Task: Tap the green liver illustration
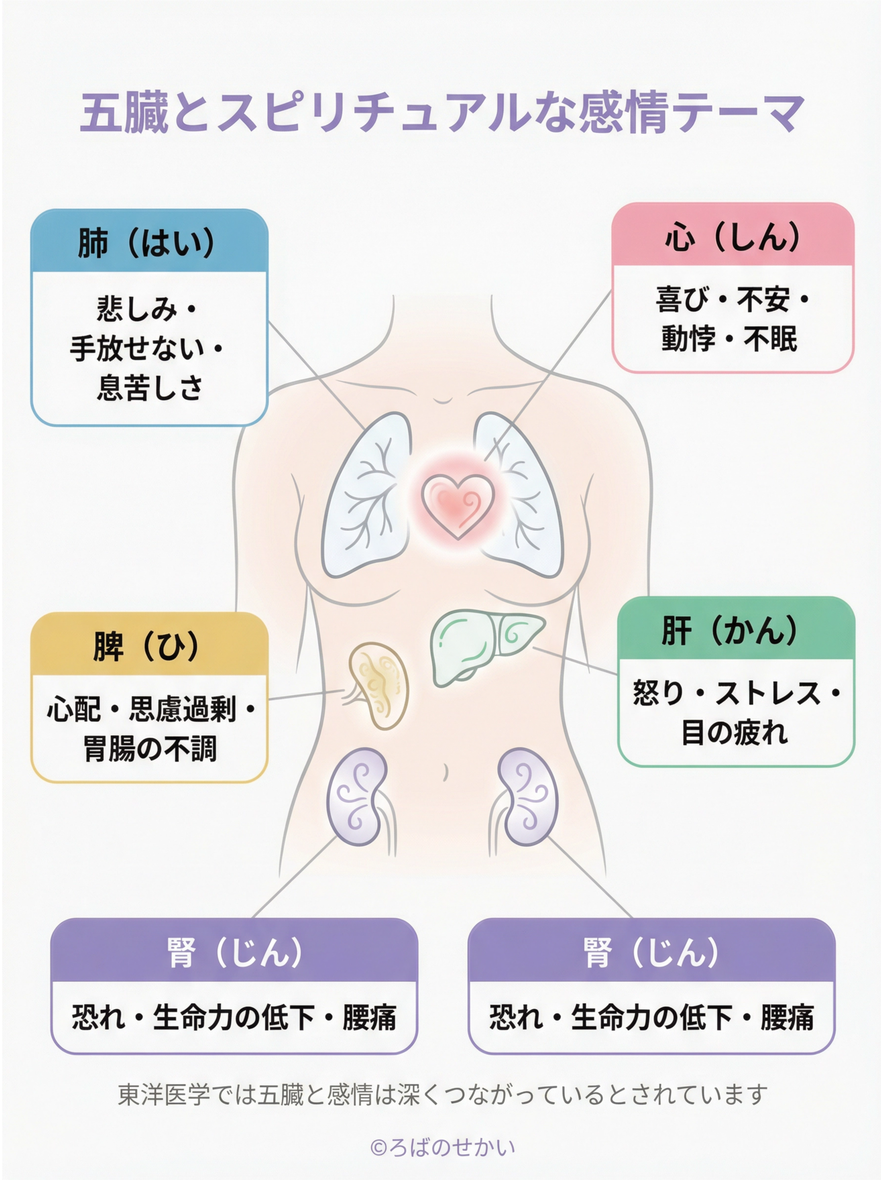click(480, 645)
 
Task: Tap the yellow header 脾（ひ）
click(148, 646)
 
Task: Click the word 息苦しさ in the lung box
click(149, 388)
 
